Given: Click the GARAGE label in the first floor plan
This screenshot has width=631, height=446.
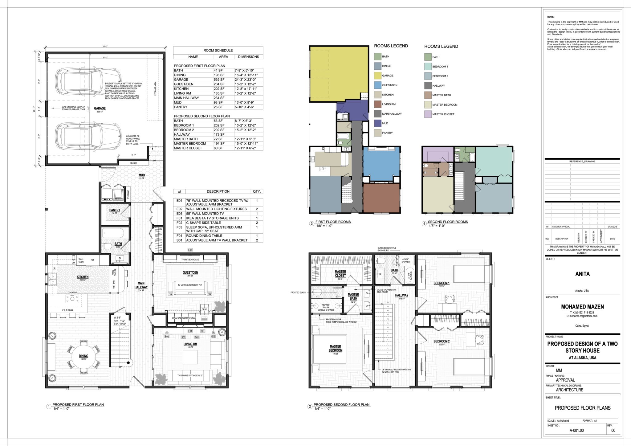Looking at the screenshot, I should pyautogui.click(x=100, y=108).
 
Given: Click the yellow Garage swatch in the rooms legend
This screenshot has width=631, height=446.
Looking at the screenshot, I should pyautogui.click(x=377, y=76).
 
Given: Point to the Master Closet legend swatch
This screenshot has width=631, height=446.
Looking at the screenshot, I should pyautogui.click(x=428, y=114).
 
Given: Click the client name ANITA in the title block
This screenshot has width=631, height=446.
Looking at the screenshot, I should pyautogui.click(x=582, y=274).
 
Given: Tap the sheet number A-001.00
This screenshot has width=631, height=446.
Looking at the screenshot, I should pyautogui.click(x=576, y=431).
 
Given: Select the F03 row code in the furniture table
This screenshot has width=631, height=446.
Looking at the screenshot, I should pyautogui.click(x=179, y=227).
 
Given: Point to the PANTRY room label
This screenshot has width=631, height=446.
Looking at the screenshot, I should pyautogui.click(x=115, y=210).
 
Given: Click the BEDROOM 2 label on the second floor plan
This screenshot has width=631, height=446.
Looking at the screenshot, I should pyautogui.click(x=442, y=341).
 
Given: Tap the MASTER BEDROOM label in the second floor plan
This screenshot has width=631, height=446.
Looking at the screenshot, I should pyautogui.click(x=335, y=349).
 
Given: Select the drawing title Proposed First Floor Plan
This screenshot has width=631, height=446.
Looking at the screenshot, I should pyautogui.click(x=78, y=405).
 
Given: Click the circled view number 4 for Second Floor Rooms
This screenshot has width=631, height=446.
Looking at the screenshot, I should pyautogui.click(x=424, y=223).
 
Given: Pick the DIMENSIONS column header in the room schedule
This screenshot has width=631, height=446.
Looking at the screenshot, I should pyautogui.click(x=248, y=57).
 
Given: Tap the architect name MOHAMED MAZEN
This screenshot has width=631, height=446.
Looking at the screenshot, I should pyautogui.click(x=582, y=307).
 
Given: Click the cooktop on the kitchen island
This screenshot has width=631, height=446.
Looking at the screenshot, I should pyautogui.click(x=72, y=298).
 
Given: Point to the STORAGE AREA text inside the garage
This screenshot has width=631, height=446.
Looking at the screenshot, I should pyautogui.click(x=155, y=89).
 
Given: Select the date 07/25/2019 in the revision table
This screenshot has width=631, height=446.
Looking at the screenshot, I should pyautogui.click(x=613, y=227).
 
